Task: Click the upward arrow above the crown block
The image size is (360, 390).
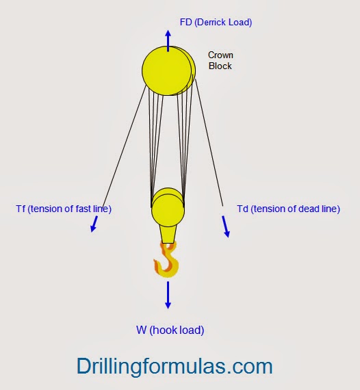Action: click(168, 39)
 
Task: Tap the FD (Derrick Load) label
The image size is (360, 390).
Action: click(216, 22)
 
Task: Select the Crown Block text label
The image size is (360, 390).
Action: click(220, 60)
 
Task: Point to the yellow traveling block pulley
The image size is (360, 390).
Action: click(168, 208)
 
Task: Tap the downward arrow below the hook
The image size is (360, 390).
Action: click(168, 294)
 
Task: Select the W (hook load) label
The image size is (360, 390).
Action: click(170, 330)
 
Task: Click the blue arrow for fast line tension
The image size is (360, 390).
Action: click(94, 224)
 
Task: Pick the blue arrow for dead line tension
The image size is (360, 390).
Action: click(226, 226)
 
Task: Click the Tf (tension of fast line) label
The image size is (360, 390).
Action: click(63, 208)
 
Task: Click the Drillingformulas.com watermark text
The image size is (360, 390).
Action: click(175, 366)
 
